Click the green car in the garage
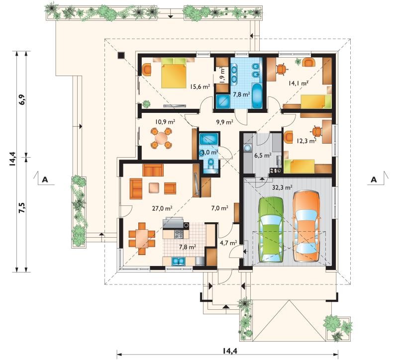click(x=271, y=229)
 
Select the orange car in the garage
click(x=306, y=226)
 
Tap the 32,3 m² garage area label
click(x=282, y=187)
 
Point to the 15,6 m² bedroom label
click(x=200, y=87)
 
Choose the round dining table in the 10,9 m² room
click(x=161, y=138)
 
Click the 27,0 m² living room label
click(x=162, y=208)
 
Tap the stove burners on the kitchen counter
click(x=179, y=234)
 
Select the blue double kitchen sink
click(x=179, y=262)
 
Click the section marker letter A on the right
click(x=374, y=180)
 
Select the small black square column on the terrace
click(x=121, y=55)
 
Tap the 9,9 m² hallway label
click(x=225, y=122)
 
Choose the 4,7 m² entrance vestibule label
click(x=228, y=243)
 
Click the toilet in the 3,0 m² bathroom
click(x=210, y=163)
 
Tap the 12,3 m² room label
click(x=306, y=141)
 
